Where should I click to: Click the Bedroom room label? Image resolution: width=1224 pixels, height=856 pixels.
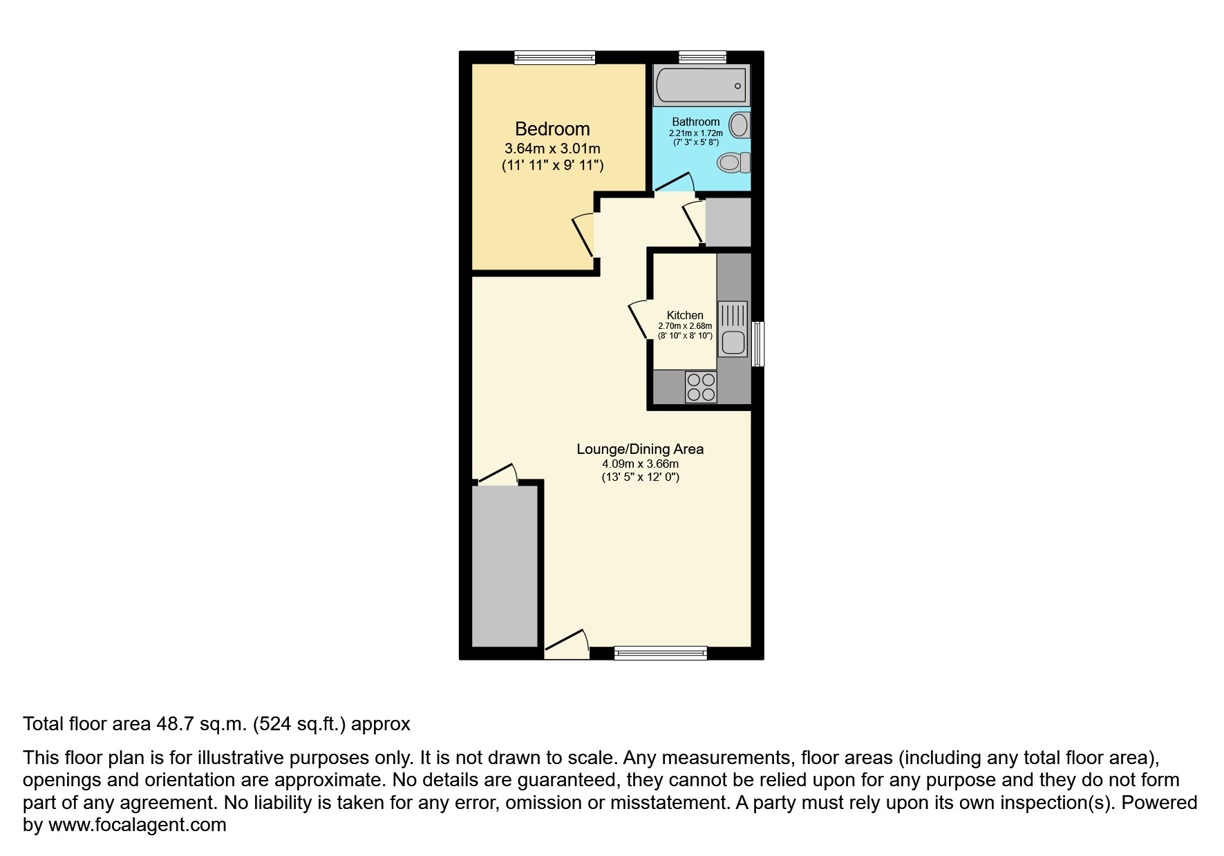552,129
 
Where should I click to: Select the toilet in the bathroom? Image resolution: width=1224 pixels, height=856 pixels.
733,163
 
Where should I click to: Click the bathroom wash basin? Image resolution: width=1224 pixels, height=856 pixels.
740,126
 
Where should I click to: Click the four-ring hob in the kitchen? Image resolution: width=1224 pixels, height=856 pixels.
701,387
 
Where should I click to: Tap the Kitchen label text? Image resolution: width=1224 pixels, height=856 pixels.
684,315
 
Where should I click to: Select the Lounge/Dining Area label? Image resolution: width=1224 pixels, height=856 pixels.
640,449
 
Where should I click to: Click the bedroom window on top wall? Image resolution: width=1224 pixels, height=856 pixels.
554,57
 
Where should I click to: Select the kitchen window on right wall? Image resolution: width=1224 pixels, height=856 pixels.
758,343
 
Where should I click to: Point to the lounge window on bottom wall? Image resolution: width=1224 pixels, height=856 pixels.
660,653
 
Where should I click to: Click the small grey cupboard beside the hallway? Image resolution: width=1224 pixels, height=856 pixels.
727,222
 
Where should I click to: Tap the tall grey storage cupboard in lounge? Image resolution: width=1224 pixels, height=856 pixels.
505,565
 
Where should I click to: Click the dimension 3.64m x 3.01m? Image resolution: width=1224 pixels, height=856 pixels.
552,149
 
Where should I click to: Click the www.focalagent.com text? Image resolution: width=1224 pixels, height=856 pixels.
137,825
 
